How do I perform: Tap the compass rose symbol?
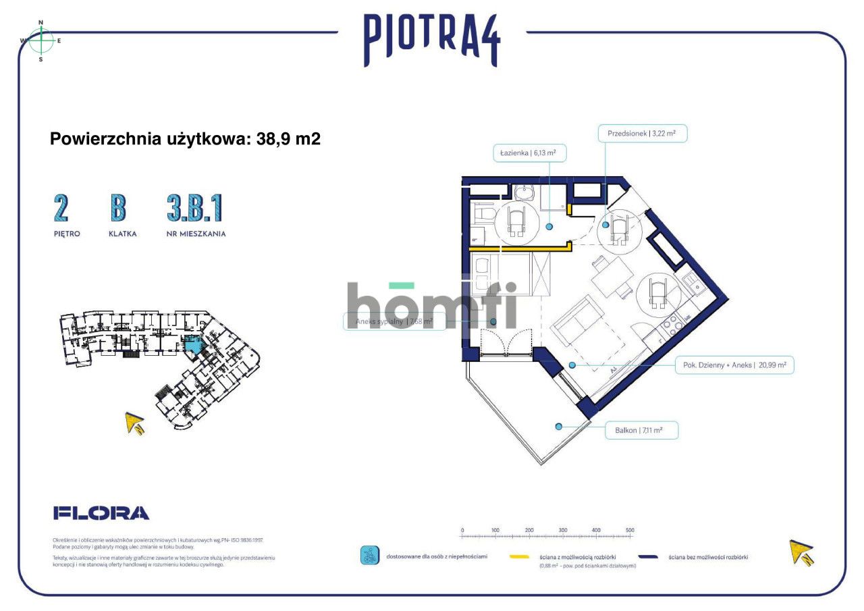point(41,41)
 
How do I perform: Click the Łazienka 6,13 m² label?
point(529,153)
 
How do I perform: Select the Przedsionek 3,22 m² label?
point(642,134)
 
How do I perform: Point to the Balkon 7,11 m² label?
point(641,430)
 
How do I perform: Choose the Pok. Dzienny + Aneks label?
point(734,365)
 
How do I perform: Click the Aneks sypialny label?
point(394,322)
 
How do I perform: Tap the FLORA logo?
point(101,513)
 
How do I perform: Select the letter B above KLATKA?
point(118,209)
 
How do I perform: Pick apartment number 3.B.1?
point(194,209)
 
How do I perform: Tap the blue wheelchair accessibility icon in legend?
point(369,556)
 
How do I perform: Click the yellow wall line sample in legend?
point(519,558)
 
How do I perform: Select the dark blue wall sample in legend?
point(648,558)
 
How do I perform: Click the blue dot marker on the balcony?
point(558,426)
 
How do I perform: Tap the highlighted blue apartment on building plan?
point(193,346)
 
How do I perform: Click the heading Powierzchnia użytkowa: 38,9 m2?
point(185,139)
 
